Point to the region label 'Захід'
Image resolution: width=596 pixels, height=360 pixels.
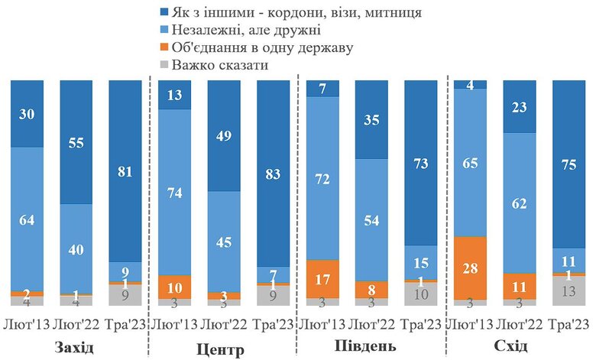(x=74, y=349)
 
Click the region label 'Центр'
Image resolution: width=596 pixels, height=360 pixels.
(x=222, y=350)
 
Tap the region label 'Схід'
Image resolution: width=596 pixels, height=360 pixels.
(x=520, y=347)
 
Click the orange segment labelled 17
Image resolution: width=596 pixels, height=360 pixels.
(x=322, y=280)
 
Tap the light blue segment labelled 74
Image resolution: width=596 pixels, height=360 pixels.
(x=175, y=192)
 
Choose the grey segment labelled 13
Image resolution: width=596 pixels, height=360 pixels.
(x=568, y=290)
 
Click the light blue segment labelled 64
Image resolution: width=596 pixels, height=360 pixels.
(x=27, y=219)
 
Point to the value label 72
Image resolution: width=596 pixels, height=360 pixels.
(x=322, y=180)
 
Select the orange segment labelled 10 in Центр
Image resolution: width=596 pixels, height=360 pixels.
(x=175, y=287)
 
